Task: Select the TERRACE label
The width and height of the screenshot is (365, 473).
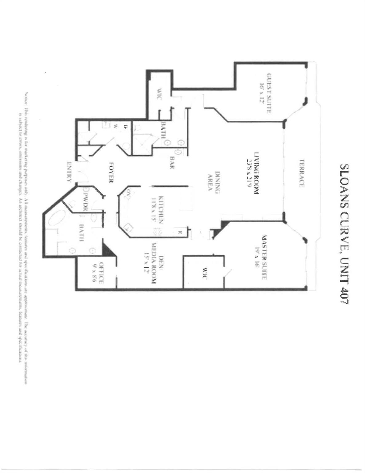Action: point(302,173)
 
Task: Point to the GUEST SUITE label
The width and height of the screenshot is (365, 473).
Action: point(269,93)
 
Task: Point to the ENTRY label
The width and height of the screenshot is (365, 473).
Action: point(69,173)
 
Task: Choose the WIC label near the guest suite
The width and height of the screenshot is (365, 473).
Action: point(159,94)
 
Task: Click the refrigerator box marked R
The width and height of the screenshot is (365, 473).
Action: point(179,232)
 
